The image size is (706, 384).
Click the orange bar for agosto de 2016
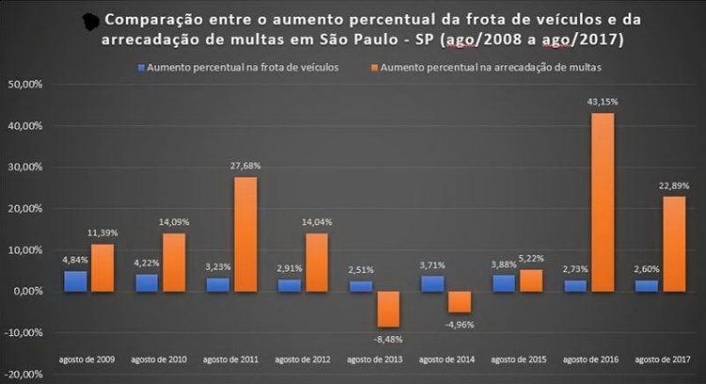point(602,202)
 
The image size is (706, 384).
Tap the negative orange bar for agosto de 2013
point(386,309)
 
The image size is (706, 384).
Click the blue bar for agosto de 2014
point(433,283)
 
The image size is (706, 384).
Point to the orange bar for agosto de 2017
point(673,244)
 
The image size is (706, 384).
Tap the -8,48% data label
point(387,336)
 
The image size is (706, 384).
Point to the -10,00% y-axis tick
point(21,332)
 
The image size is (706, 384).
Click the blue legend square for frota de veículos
point(141,68)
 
